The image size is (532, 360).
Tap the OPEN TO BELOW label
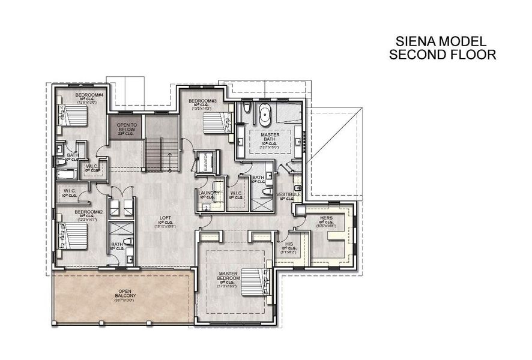coord(127,127)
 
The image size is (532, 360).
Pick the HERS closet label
coord(327,218)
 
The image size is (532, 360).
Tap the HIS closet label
coord(289,244)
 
